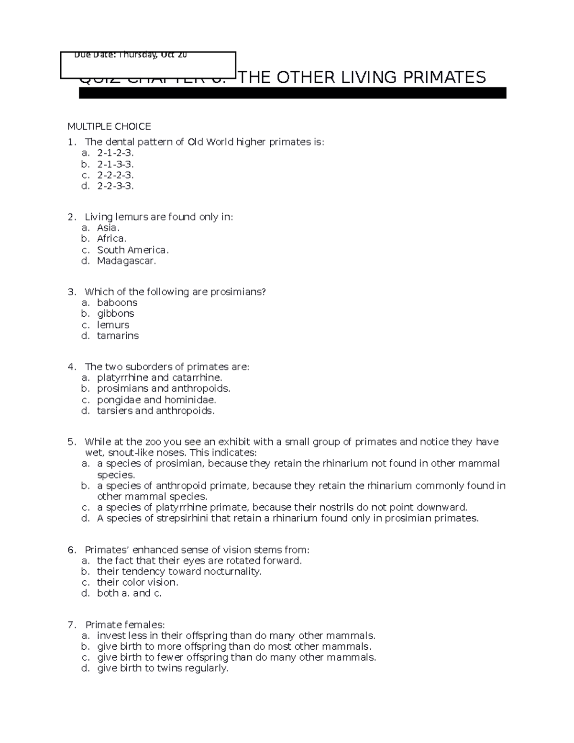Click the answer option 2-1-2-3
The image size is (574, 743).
(x=115, y=153)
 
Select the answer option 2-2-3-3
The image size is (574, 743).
(x=115, y=186)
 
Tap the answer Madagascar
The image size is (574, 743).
(x=126, y=261)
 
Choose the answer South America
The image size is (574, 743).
(x=132, y=250)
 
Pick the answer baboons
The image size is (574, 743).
(x=117, y=303)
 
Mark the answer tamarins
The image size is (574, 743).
(x=118, y=336)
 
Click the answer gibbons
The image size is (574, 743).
(x=115, y=314)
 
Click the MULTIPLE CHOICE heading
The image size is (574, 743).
(x=109, y=126)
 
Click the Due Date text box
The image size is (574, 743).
(x=148, y=65)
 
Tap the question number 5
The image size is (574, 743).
(x=72, y=442)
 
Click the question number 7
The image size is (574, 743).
(x=72, y=625)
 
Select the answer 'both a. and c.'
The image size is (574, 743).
(x=129, y=593)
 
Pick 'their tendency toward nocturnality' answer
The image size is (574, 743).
(x=179, y=572)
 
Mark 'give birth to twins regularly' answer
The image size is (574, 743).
(x=163, y=668)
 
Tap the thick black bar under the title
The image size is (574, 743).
(x=292, y=93)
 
